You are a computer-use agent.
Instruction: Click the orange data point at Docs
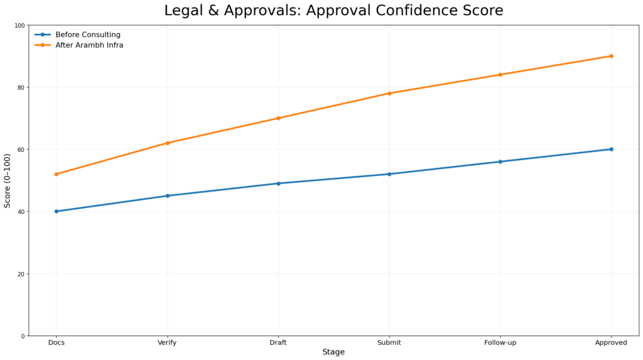point(57,174)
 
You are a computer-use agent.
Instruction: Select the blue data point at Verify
point(168,196)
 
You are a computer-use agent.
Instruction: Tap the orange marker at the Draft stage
point(278,118)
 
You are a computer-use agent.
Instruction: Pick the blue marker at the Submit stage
point(389,174)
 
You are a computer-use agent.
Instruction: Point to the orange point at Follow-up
point(500,75)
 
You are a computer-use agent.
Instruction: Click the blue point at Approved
point(611,150)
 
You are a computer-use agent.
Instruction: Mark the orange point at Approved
point(611,56)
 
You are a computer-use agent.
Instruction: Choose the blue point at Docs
point(57,211)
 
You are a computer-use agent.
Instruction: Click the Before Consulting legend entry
point(87,35)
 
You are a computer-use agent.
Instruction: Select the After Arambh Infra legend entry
point(89,45)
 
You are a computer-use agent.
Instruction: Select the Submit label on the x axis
point(389,342)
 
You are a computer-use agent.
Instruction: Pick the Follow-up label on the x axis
point(500,342)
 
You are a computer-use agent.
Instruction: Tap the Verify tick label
point(168,342)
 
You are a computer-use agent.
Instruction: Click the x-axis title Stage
point(333,352)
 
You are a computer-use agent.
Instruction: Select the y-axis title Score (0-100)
point(8,180)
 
